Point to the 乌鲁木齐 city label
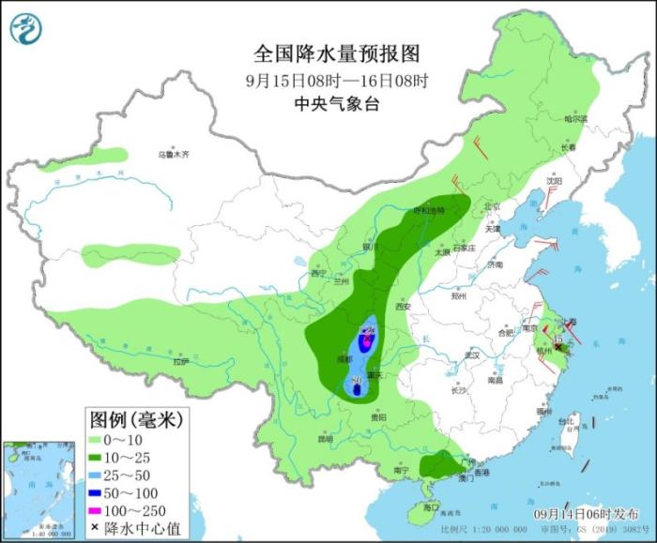pos(173,154)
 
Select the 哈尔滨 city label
pos(574,119)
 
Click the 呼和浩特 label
pos(431,211)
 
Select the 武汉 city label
pos(472,355)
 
